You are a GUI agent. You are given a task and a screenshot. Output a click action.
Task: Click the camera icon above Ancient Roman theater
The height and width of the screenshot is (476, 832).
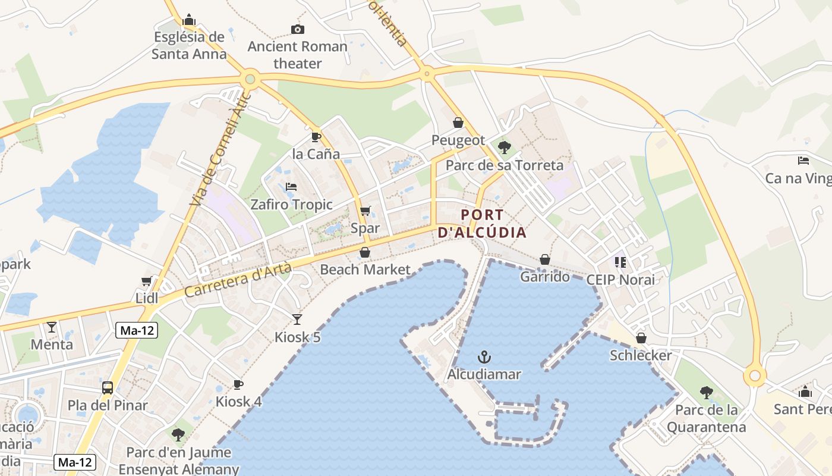[x=297, y=29]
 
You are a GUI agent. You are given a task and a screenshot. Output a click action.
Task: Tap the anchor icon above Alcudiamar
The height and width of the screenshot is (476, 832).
[x=484, y=357]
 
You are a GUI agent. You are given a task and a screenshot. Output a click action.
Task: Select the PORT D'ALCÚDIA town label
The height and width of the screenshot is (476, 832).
[x=482, y=224]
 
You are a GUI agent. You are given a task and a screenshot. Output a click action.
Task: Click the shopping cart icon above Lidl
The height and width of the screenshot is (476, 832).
[x=146, y=281]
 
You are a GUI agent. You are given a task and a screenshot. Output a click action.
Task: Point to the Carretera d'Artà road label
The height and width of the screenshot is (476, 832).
[x=238, y=280]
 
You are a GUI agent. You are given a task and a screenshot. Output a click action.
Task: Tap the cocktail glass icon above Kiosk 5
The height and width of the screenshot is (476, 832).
[x=297, y=320]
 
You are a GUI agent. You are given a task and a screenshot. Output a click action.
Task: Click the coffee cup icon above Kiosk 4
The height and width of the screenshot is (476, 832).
[x=238, y=384]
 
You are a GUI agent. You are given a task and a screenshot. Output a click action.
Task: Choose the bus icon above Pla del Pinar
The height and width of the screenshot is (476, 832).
[x=108, y=388]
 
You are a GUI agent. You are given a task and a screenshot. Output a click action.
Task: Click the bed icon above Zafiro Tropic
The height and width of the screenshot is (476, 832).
[x=291, y=187]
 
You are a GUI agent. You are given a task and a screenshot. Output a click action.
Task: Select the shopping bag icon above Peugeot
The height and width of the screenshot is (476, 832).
[x=458, y=123]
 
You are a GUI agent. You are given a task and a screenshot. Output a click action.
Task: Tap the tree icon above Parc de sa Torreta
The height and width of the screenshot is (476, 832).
[x=504, y=147]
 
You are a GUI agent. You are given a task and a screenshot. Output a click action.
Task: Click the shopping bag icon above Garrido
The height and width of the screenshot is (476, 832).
[x=545, y=259]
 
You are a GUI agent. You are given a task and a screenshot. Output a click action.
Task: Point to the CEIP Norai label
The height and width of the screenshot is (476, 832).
[x=620, y=280]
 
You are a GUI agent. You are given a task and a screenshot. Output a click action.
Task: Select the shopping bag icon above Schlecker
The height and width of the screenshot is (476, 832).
[x=641, y=338]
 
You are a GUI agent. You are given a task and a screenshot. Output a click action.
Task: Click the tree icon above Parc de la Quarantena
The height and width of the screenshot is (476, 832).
[x=706, y=392]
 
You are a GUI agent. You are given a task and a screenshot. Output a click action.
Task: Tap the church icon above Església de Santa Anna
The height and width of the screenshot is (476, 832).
[x=189, y=20]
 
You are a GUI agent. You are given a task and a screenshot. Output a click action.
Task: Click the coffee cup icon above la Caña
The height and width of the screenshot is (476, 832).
[x=316, y=137]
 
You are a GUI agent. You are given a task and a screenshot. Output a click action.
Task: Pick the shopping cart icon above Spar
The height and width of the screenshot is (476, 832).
[x=365, y=211]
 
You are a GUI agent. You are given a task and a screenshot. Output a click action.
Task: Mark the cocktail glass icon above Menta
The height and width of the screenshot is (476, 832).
[x=52, y=327]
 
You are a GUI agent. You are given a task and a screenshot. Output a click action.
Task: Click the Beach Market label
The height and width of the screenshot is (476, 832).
[x=365, y=270]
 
